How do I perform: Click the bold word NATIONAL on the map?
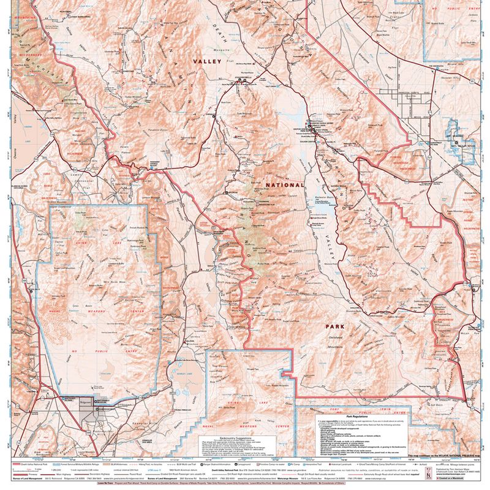(x=284, y=185)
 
